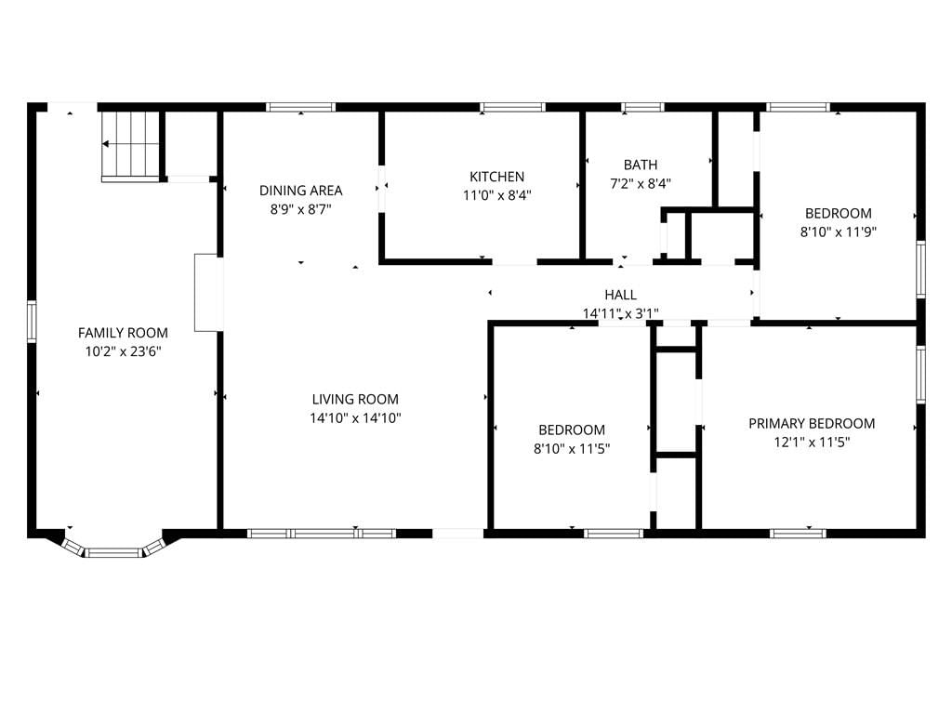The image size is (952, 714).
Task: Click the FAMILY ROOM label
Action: coord(123,333)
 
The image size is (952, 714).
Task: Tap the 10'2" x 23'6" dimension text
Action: coord(123,351)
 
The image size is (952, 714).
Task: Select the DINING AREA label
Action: coord(300,191)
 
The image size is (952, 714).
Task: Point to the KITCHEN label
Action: coord(496,177)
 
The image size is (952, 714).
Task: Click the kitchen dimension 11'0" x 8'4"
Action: coord(496,195)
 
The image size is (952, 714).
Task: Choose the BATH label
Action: coord(641,165)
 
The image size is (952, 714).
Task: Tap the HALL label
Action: coord(620,295)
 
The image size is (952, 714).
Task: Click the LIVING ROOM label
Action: coord(355,400)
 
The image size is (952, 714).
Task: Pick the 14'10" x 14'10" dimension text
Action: coord(355,418)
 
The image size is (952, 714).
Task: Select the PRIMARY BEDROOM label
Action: coord(812,424)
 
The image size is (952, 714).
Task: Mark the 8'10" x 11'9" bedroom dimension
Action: coord(839,231)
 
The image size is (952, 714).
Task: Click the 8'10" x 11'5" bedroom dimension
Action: coord(572,449)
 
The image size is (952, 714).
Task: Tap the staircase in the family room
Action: coord(130,146)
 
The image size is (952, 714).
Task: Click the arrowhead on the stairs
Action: coord(106,144)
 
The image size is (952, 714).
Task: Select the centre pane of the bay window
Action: coord(113,553)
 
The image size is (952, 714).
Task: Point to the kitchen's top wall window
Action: coord(512,108)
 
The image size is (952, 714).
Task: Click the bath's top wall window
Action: coord(642,108)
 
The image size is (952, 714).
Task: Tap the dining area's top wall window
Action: coord(300,108)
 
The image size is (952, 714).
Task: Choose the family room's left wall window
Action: coord(32,322)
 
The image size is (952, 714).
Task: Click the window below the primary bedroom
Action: coord(798,534)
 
